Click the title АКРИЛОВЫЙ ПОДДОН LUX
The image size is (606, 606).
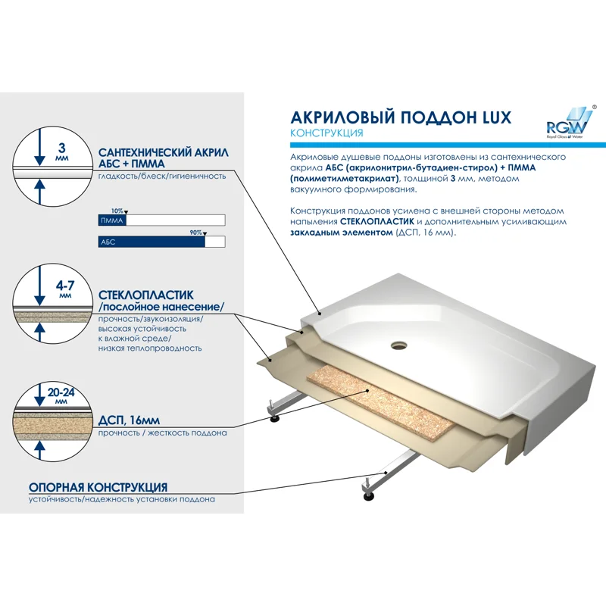(401, 117)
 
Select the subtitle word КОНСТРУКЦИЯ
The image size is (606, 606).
(326, 133)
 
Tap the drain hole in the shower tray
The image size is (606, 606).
(398, 346)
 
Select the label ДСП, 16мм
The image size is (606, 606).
(129, 420)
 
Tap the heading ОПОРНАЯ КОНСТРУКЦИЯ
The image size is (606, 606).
(98, 487)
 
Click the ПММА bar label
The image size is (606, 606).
(111, 220)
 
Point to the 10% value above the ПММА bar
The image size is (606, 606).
(117, 211)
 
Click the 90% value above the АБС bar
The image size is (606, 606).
(195, 233)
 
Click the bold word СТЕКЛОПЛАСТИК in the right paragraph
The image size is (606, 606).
(376, 221)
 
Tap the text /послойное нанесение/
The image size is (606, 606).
(161, 307)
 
